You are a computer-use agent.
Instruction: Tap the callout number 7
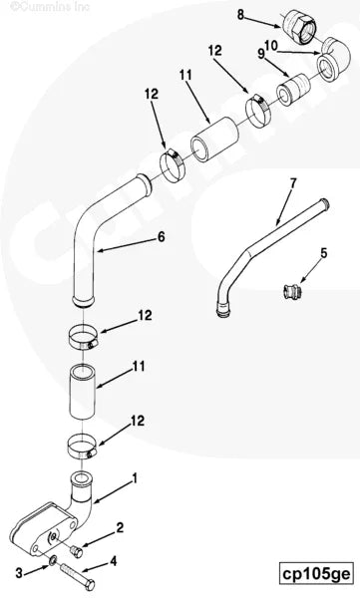[x=292, y=182]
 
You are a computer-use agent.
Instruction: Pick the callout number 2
[x=120, y=526]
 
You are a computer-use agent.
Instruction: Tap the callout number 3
[x=18, y=571]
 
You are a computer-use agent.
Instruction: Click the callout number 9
[x=262, y=53]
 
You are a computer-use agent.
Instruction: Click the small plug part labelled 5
[x=287, y=292]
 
